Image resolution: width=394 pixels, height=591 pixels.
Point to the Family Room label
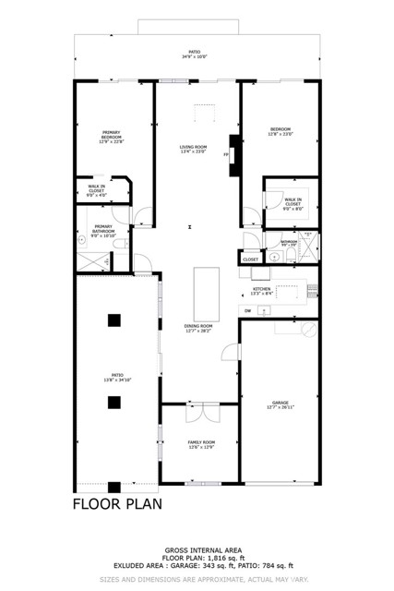coord(201,444)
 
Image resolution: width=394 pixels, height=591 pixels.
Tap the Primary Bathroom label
coord(102,228)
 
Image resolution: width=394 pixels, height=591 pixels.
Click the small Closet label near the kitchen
coord(251,259)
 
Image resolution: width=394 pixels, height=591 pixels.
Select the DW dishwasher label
coord(247,310)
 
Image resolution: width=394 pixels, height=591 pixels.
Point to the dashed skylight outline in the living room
coord(204,112)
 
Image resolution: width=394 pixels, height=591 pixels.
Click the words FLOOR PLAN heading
coord(118,504)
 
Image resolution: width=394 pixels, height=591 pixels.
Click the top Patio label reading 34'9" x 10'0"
coord(195,54)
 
